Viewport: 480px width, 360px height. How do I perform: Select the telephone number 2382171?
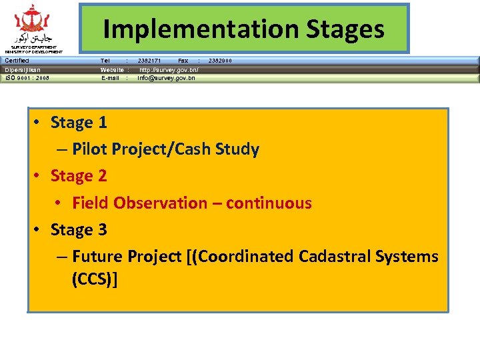149,61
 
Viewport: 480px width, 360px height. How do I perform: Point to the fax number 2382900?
221,61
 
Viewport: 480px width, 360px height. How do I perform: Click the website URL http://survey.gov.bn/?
168,69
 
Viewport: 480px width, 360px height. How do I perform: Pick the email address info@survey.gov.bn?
166,78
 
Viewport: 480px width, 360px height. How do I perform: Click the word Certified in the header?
17,61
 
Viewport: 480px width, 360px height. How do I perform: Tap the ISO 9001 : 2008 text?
27,78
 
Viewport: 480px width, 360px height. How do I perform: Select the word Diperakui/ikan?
23,69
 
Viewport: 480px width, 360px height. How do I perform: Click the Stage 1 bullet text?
79,123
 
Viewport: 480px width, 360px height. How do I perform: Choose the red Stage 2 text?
79,176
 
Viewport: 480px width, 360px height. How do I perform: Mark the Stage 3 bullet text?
79,229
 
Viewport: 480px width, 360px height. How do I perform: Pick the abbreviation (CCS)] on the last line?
95,279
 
